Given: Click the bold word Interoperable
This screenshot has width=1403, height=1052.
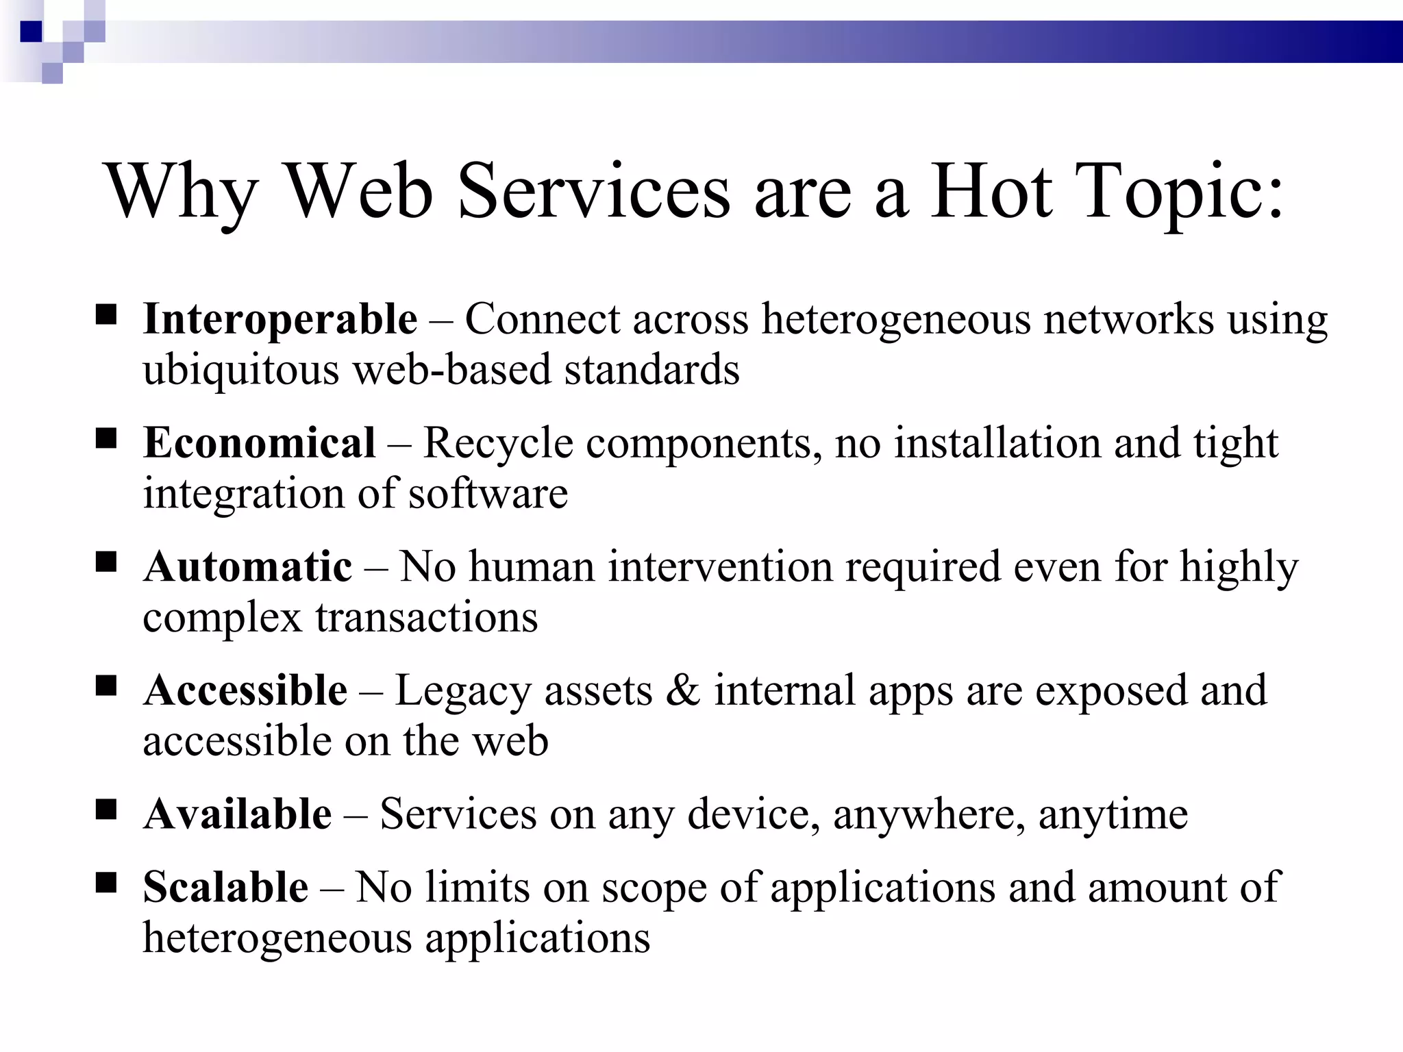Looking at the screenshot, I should (x=280, y=320).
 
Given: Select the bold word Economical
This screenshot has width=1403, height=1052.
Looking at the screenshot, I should (x=259, y=443).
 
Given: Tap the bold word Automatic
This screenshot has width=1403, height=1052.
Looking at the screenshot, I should (x=247, y=567).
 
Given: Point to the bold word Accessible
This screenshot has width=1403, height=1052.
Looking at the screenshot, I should (x=245, y=690).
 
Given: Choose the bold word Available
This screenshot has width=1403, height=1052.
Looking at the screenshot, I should (x=237, y=814).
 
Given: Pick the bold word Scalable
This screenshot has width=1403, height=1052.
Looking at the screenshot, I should (x=225, y=888).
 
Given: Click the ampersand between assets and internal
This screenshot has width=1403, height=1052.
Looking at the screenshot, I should (x=683, y=690).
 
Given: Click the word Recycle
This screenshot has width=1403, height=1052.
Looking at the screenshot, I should (x=498, y=443).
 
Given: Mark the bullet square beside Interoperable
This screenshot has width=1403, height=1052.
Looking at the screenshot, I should (x=105, y=315).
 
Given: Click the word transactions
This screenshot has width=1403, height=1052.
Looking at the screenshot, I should (x=426, y=618).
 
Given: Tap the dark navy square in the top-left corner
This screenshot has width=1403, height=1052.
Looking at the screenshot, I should (x=32, y=32).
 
